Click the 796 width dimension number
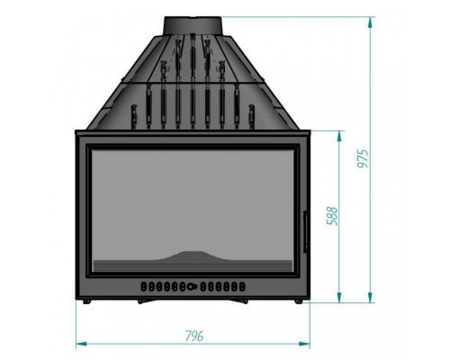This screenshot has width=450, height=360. pos(194,336)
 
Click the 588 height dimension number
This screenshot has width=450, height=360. pos(332,216)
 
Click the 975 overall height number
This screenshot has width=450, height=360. pos(363,158)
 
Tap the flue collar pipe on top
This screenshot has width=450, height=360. pos(193,25)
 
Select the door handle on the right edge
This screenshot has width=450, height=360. pos(306,231)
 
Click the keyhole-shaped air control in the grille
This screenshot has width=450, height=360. pos(193,286)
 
